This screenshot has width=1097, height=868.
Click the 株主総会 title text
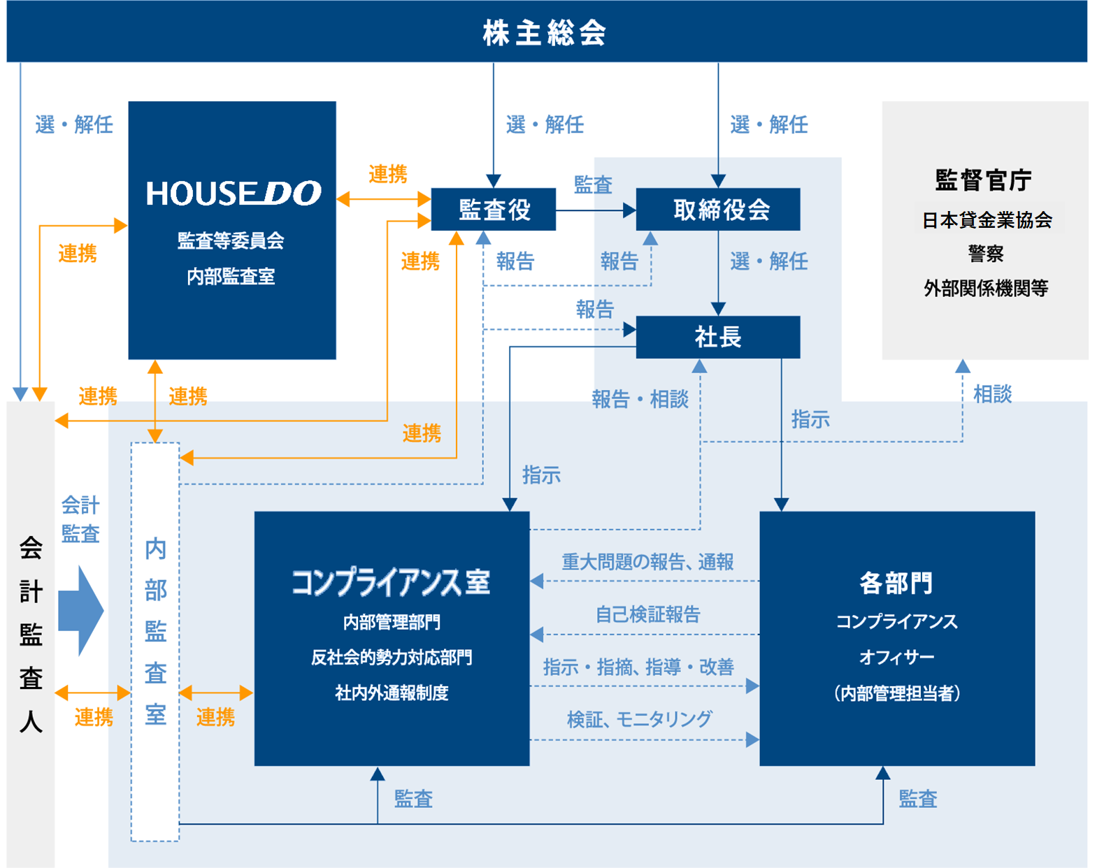[545, 33]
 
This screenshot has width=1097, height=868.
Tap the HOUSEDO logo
[234, 194]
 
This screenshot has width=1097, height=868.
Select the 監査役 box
[494, 210]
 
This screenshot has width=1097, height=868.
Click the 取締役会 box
[718, 210]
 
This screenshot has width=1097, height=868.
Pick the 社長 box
[718, 337]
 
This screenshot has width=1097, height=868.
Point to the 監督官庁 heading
[983, 180]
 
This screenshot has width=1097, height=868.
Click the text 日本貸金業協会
[987, 220]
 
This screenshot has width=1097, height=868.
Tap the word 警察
[986, 253]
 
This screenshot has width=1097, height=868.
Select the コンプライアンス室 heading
[391, 583]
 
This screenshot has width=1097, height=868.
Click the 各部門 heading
[896, 583]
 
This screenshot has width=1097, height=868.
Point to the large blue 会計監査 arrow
[81, 611]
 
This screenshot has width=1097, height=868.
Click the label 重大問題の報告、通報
[647, 562]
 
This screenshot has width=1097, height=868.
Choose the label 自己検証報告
[648, 615]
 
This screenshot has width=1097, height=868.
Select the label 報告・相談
[640, 399]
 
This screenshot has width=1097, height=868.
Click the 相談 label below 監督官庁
[993, 394]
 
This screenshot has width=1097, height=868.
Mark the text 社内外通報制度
[392, 693]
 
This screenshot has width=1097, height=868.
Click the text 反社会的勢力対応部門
[392, 658]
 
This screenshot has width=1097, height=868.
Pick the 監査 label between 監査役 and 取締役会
[593, 185]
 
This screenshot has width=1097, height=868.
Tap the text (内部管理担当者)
[897, 693]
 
